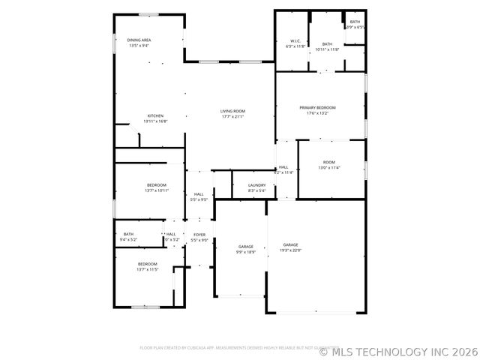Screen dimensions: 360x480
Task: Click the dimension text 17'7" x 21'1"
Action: pos(232,116)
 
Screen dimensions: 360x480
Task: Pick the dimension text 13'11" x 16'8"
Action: pos(156,121)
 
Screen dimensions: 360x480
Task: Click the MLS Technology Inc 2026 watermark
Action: pos(397,350)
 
